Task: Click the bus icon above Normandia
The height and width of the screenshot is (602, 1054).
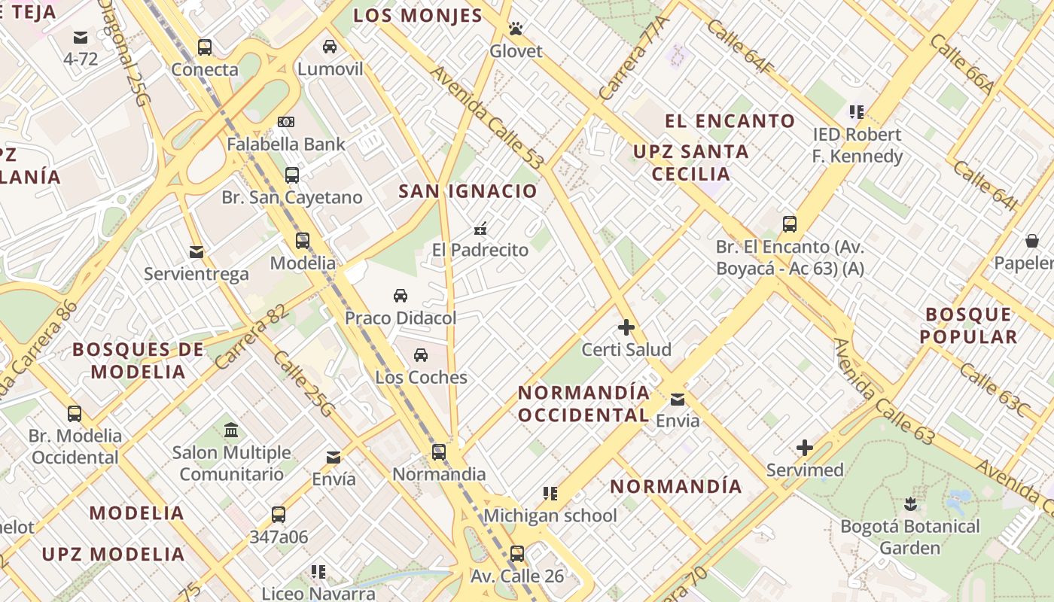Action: [x=439, y=452]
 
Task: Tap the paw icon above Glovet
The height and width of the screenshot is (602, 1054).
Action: [x=516, y=29]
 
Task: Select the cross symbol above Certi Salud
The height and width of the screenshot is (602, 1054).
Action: [x=626, y=327]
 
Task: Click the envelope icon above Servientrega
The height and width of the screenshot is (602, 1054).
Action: [x=196, y=251]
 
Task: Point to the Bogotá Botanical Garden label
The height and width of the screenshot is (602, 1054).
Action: [x=910, y=537]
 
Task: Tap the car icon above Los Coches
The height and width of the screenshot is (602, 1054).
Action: [x=421, y=354]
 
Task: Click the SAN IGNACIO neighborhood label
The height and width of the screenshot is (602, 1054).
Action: [x=468, y=191]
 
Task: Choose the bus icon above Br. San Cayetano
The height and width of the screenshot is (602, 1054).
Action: [x=292, y=175]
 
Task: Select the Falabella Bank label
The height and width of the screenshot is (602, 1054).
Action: [x=286, y=144]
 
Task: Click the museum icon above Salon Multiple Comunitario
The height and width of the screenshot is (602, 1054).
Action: [x=231, y=430]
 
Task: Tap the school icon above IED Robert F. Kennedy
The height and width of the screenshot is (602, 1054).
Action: [x=856, y=112]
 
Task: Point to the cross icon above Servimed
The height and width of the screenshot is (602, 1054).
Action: [x=805, y=448]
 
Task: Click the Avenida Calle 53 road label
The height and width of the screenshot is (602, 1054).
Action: [x=487, y=118]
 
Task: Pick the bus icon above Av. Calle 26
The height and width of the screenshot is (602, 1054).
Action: [x=516, y=554]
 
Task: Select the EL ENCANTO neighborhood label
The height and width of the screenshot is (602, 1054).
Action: [x=730, y=121]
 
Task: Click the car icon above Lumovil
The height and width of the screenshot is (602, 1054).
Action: [x=330, y=47]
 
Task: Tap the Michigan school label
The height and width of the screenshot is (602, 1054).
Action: [x=550, y=515]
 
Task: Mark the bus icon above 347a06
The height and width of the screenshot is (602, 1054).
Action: [x=279, y=515]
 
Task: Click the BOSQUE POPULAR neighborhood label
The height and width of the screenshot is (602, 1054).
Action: [x=968, y=325]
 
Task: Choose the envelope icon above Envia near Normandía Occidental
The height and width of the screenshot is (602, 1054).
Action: [x=678, y=399]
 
